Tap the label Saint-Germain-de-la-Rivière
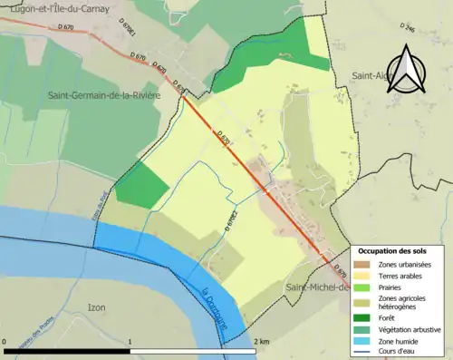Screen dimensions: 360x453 tap(101, 94)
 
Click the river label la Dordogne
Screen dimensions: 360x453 tap(210, 306)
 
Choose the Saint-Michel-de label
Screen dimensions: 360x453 tap(317, 287)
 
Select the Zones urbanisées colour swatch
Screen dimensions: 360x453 tap(362, 264)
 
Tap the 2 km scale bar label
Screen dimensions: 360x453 tap(261, 340)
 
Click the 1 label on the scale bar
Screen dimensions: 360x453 tap(131, 340)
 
